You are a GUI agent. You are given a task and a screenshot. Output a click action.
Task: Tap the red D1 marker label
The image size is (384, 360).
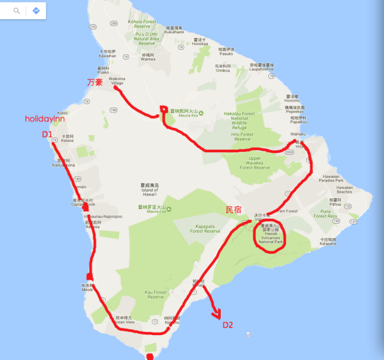coord(46,134)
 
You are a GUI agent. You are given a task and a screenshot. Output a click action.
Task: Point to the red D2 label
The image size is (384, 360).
coord(228,325)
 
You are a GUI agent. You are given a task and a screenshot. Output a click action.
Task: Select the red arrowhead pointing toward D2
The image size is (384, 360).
coord(218,314)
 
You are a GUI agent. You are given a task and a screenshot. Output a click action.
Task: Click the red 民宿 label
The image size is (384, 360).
coord(234,210)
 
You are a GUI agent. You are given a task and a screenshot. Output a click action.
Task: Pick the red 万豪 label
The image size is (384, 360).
coord(95,82)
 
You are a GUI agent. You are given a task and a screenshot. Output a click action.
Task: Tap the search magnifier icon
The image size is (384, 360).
coord(16,11)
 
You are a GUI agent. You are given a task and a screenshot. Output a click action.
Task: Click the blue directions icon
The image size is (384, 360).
coord(36,11)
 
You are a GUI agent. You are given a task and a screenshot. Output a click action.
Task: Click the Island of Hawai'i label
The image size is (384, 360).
coord(147,191)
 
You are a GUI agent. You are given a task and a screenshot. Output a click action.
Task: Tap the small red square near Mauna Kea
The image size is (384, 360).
coord(163,109)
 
